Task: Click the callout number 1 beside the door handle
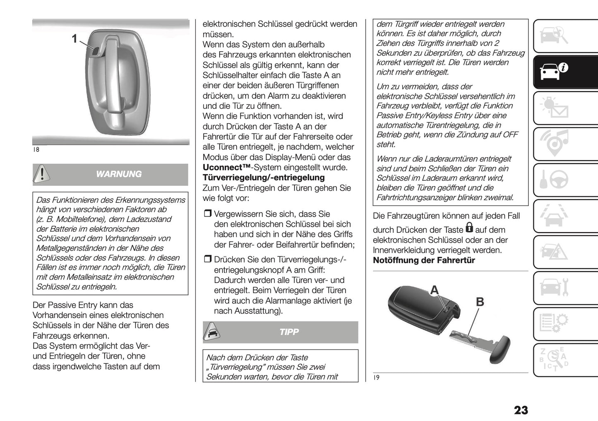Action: pyautogui.click(x=74, y=39)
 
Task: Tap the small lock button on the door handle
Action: pyautogui.click(x=96, y=51)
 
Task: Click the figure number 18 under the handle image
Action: pyautogui.click(x=36, y=149)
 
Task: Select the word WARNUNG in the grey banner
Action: pyautogui.click(x=119, y=174)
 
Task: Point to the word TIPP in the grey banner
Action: pyautogui.click(x=289, y=332)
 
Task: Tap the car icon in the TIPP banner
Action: pyautogui.click(x=212, y=331)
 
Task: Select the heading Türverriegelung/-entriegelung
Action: pyautogui.click(x=264, y=177)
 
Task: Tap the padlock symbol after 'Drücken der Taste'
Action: pyautogui.click(x=469, y=227)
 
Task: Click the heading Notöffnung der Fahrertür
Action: pyautogui.click(x=424, y=260)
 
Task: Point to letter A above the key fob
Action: pyautogui.click(x=434, y=290)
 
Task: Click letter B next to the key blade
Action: pyautogui.click(x=480, y=302)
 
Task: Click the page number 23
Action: pyautogui.click(x=521, y=410)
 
